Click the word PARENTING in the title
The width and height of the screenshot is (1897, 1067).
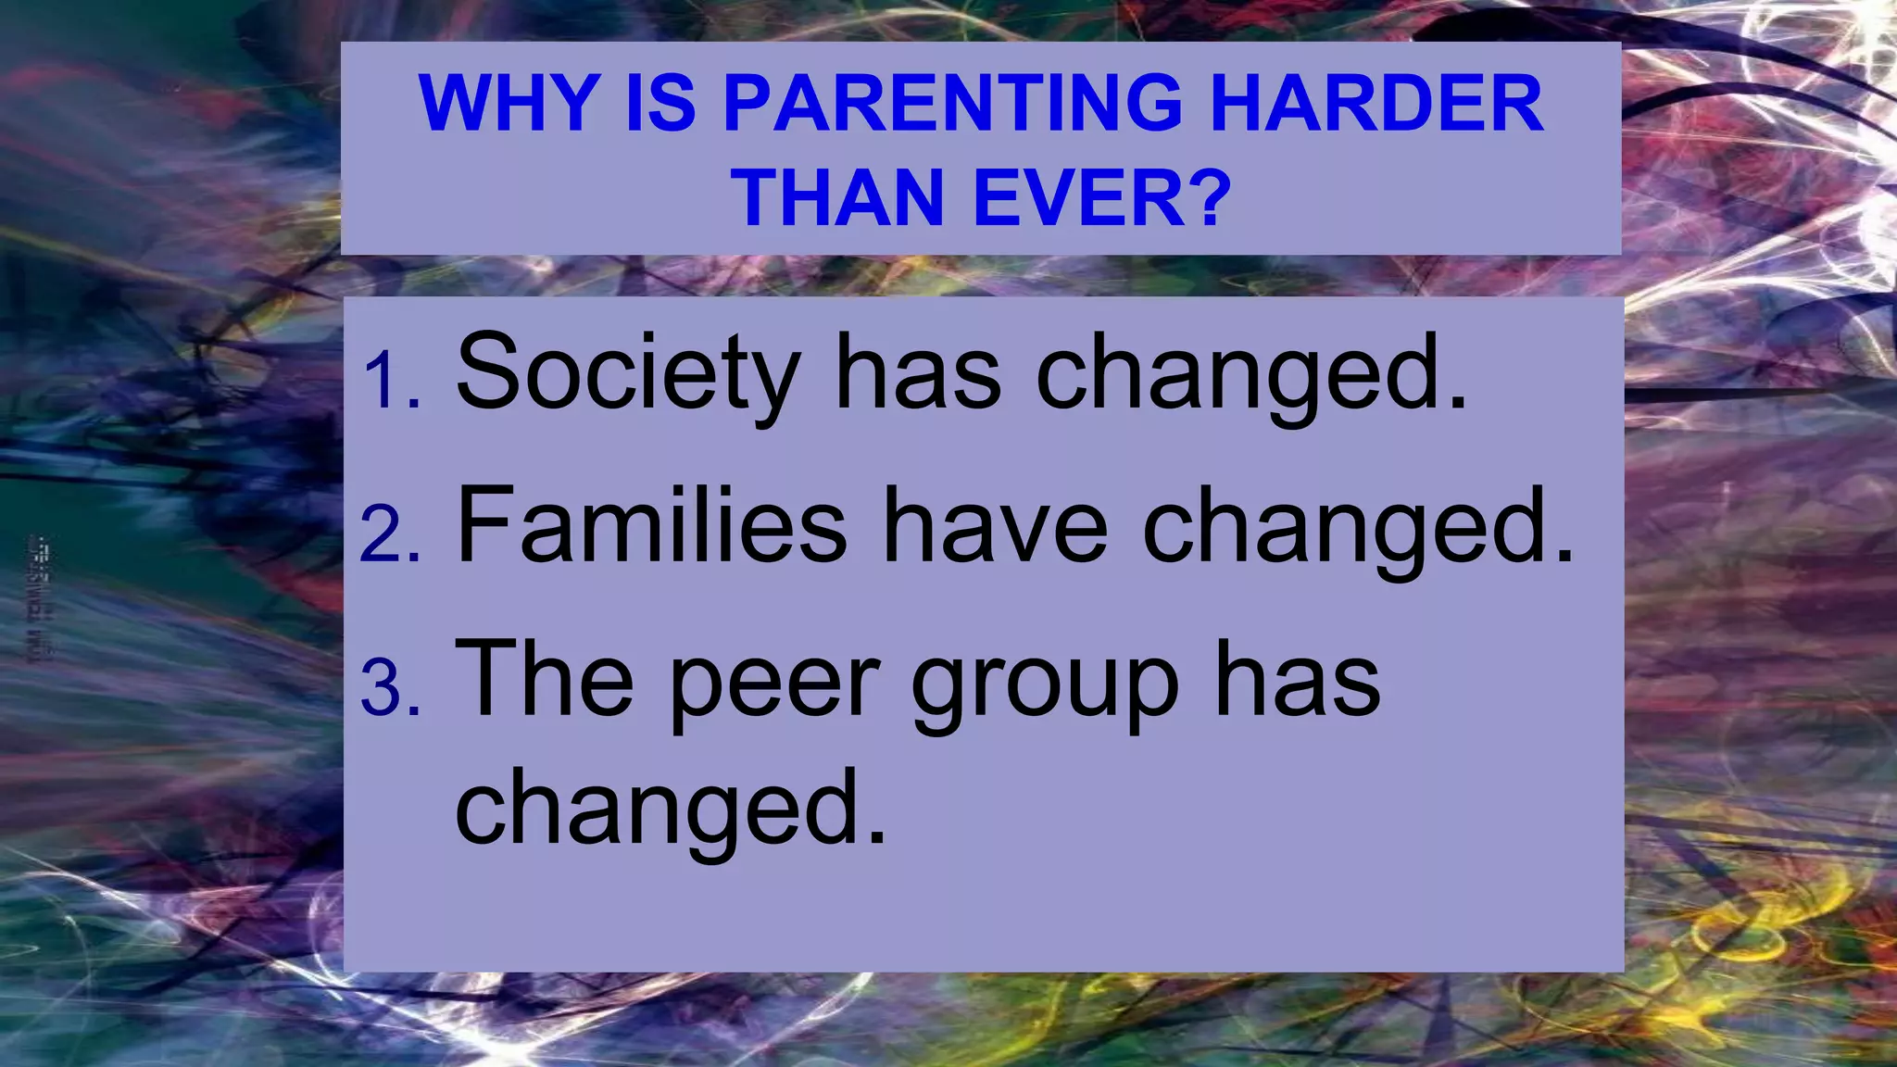(952, 103)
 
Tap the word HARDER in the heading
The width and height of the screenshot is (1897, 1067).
(1376, 103)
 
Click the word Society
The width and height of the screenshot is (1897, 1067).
(628, 372)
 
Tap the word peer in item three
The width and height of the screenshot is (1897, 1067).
(773, 684)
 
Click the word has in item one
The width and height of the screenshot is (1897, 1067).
(917, 372)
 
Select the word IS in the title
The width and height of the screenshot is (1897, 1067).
(660, 103)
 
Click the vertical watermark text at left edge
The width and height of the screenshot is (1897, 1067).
(40, 598)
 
